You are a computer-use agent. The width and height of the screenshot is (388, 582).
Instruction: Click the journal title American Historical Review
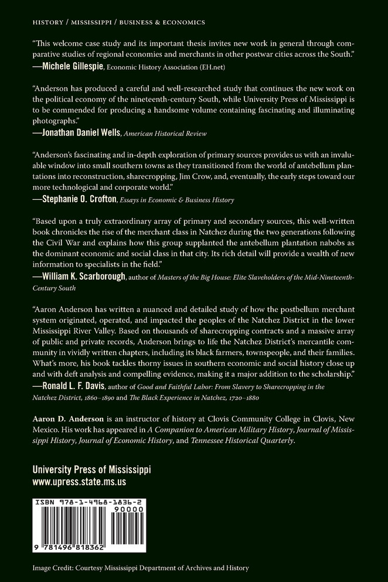[x=175, y=134]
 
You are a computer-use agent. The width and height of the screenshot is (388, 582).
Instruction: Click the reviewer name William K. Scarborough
[x=88, y=277]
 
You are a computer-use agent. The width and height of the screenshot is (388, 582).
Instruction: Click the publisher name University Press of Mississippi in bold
[x=91, y=470]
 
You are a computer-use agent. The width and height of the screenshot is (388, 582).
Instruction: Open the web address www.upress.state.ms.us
[x=79, y=482]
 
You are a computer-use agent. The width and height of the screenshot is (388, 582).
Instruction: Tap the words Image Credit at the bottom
[x=55, y=567]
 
